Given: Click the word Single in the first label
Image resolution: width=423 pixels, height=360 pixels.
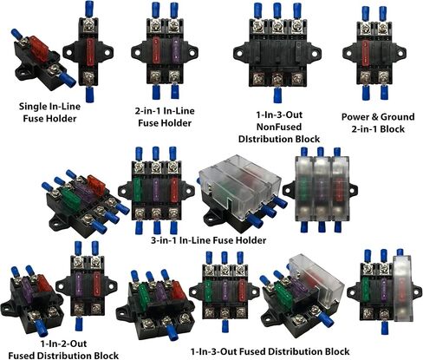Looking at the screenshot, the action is [32, 107].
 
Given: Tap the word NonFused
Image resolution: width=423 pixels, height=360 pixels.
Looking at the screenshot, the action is [279, 127].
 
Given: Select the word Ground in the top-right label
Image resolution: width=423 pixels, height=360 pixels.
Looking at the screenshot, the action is [397, 117].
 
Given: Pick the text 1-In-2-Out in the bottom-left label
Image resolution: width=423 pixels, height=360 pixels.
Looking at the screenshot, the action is [63, 344].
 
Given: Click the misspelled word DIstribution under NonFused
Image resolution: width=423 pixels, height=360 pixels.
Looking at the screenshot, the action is [279, 139].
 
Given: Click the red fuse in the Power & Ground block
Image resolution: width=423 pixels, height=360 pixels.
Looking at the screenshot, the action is [366, 53].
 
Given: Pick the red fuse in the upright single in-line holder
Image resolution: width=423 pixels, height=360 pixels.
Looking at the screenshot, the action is [90, 51].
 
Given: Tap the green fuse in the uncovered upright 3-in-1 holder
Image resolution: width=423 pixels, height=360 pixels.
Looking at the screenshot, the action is [138, 190].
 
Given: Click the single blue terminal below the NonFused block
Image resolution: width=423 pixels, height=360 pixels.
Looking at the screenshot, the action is [277, 95].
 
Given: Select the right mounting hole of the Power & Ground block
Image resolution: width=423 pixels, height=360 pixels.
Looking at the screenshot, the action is [400, 53].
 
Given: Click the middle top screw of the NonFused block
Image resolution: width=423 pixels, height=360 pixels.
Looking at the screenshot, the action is [277, 26].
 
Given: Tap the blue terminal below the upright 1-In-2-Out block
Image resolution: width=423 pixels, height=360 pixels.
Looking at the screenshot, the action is [79, 324].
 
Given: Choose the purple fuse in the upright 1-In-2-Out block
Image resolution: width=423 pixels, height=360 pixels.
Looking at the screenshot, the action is [79, 285].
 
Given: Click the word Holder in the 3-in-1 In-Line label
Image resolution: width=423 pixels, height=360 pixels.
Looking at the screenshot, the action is [251, 240].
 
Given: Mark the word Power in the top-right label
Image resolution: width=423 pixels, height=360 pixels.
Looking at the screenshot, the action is [355, 117].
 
